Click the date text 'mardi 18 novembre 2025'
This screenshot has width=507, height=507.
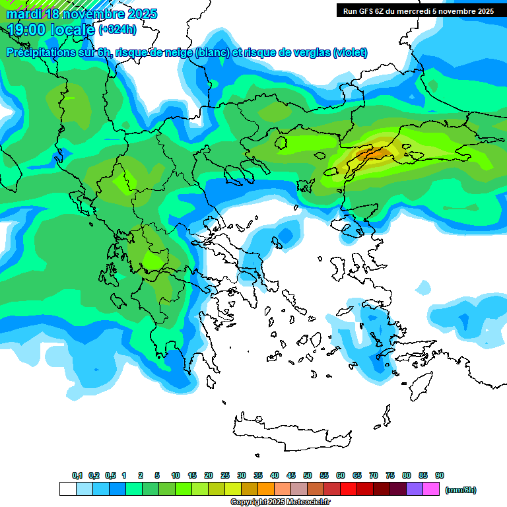[x=82, y=14]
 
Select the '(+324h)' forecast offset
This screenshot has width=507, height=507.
[x=118, y=29]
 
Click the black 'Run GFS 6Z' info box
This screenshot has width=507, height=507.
[x=418, y=11]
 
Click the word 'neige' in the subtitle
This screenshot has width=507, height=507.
[x=178, y=53]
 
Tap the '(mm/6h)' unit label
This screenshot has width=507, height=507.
[x=460, y=490]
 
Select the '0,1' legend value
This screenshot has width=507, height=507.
[x=77, y=476]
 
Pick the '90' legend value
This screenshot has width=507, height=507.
[x=440, y=476]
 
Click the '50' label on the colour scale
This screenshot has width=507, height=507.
[x=308, y=476]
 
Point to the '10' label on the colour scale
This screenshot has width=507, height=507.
[x=176, y=476]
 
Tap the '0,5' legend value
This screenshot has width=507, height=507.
[x=110, y=476]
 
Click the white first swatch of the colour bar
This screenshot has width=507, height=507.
[x=67, y=489]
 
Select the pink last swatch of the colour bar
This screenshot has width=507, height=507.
[x=431, y=489]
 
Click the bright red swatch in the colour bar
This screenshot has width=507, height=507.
[x=349, y=489]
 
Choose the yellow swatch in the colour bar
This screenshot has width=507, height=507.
[x=233, y=489]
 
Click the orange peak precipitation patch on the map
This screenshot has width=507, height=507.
[x=371, y=155]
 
